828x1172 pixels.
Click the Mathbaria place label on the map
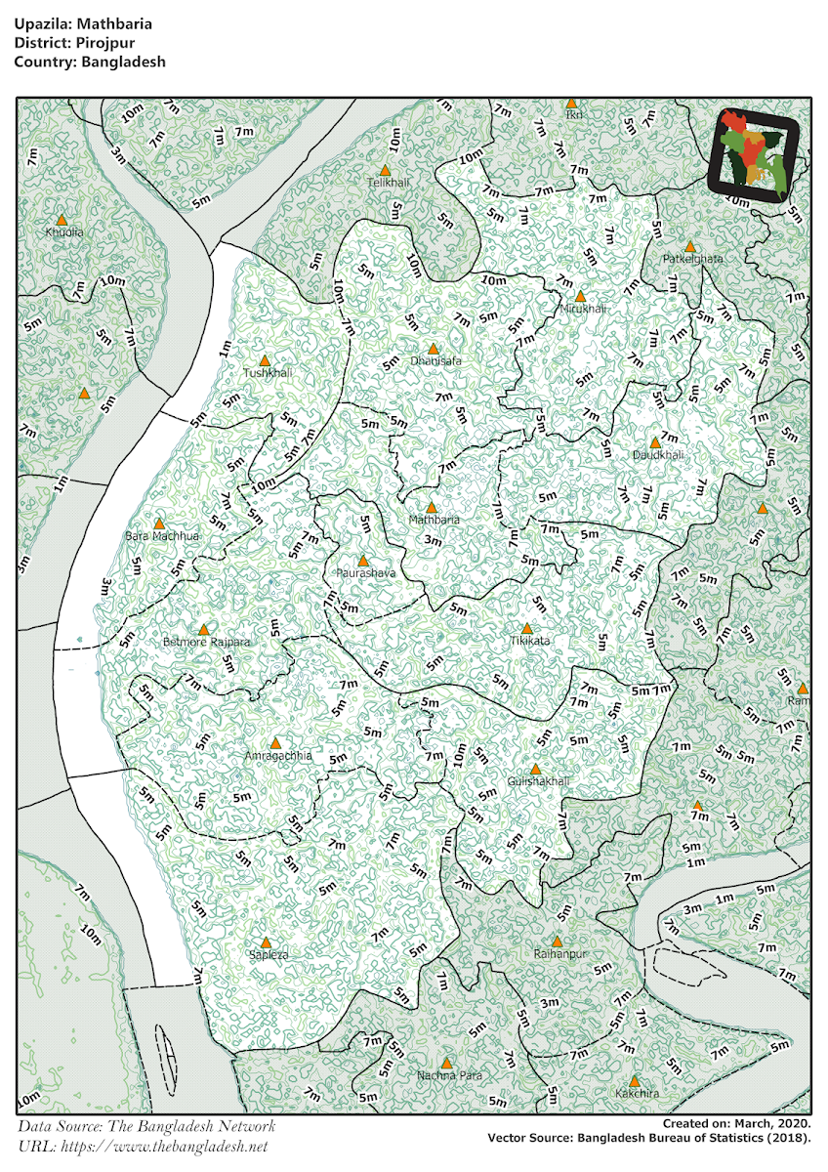434,520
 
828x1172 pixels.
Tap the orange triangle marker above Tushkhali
265,360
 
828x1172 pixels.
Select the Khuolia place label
64,232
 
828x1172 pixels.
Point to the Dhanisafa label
435,361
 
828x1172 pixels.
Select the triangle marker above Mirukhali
580,296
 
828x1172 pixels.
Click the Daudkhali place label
657,455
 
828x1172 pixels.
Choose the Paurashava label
365,573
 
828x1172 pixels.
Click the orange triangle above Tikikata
527,628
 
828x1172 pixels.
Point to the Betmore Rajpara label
207,643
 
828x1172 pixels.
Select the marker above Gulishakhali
535,770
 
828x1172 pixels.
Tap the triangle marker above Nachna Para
447,1063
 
